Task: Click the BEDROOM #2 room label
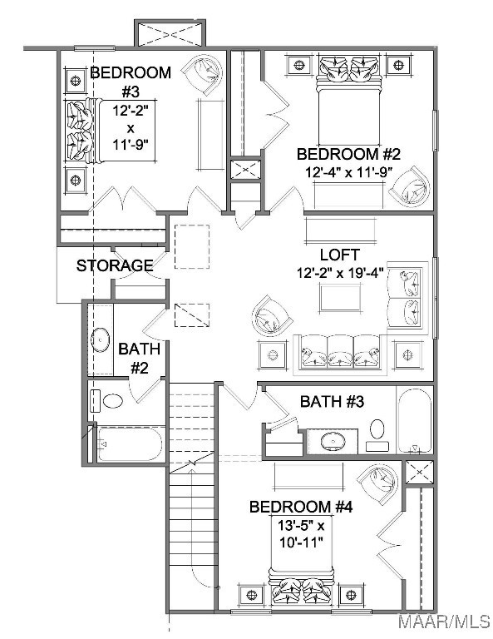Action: [348, 155]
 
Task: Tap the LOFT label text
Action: [339, 255]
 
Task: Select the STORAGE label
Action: [115, 265]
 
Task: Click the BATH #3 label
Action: [332, 402]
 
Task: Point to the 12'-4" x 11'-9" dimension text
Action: [348, 172]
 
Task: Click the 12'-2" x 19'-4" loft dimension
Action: [340, 273]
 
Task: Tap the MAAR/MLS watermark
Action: [444, 621]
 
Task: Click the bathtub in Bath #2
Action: [130, 443]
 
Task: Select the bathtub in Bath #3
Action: [414, 420]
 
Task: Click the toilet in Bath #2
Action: [107, 401]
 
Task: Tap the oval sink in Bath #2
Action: [100, 339]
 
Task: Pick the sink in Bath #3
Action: [333, 441]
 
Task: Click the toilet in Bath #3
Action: [377, 434]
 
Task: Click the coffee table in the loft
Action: [340, 298]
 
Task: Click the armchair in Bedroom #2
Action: [410, 186]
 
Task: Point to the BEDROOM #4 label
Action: [301, 508]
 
